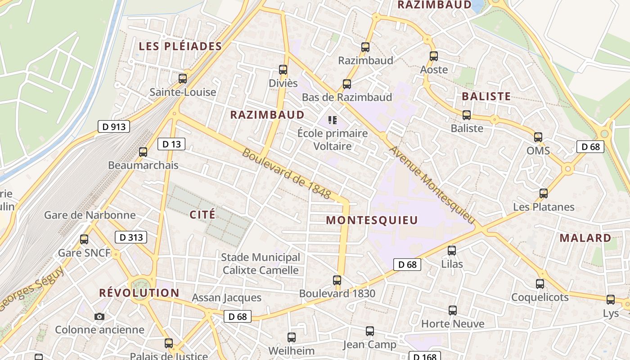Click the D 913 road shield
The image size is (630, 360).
pos(114,127)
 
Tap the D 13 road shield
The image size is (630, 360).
pos(171,144)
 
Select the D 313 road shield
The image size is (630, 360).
pos(131,237)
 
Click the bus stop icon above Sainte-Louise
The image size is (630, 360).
pos(183,78)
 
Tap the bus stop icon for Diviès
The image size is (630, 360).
pos(283,70)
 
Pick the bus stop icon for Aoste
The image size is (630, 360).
pos(434,56)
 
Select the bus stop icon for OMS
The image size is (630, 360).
pos(538,137)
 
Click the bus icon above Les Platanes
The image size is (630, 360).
pos(544,193)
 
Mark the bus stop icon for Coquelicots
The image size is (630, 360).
pos(540,284)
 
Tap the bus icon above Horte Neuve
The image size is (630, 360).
pos(453,310)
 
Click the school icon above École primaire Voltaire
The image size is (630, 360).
pos(333,120)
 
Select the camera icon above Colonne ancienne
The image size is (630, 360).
pos(99,316)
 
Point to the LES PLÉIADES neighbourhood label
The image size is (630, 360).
pos(180,46)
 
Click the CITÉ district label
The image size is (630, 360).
pos(202,214)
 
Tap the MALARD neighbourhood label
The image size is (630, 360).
pos(585,238)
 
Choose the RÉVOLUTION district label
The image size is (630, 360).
pos(139,293)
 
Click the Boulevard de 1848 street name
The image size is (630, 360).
pos(287,173)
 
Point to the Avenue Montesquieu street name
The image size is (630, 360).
pos(432,184)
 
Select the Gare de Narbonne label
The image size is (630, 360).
pos(90,215)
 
